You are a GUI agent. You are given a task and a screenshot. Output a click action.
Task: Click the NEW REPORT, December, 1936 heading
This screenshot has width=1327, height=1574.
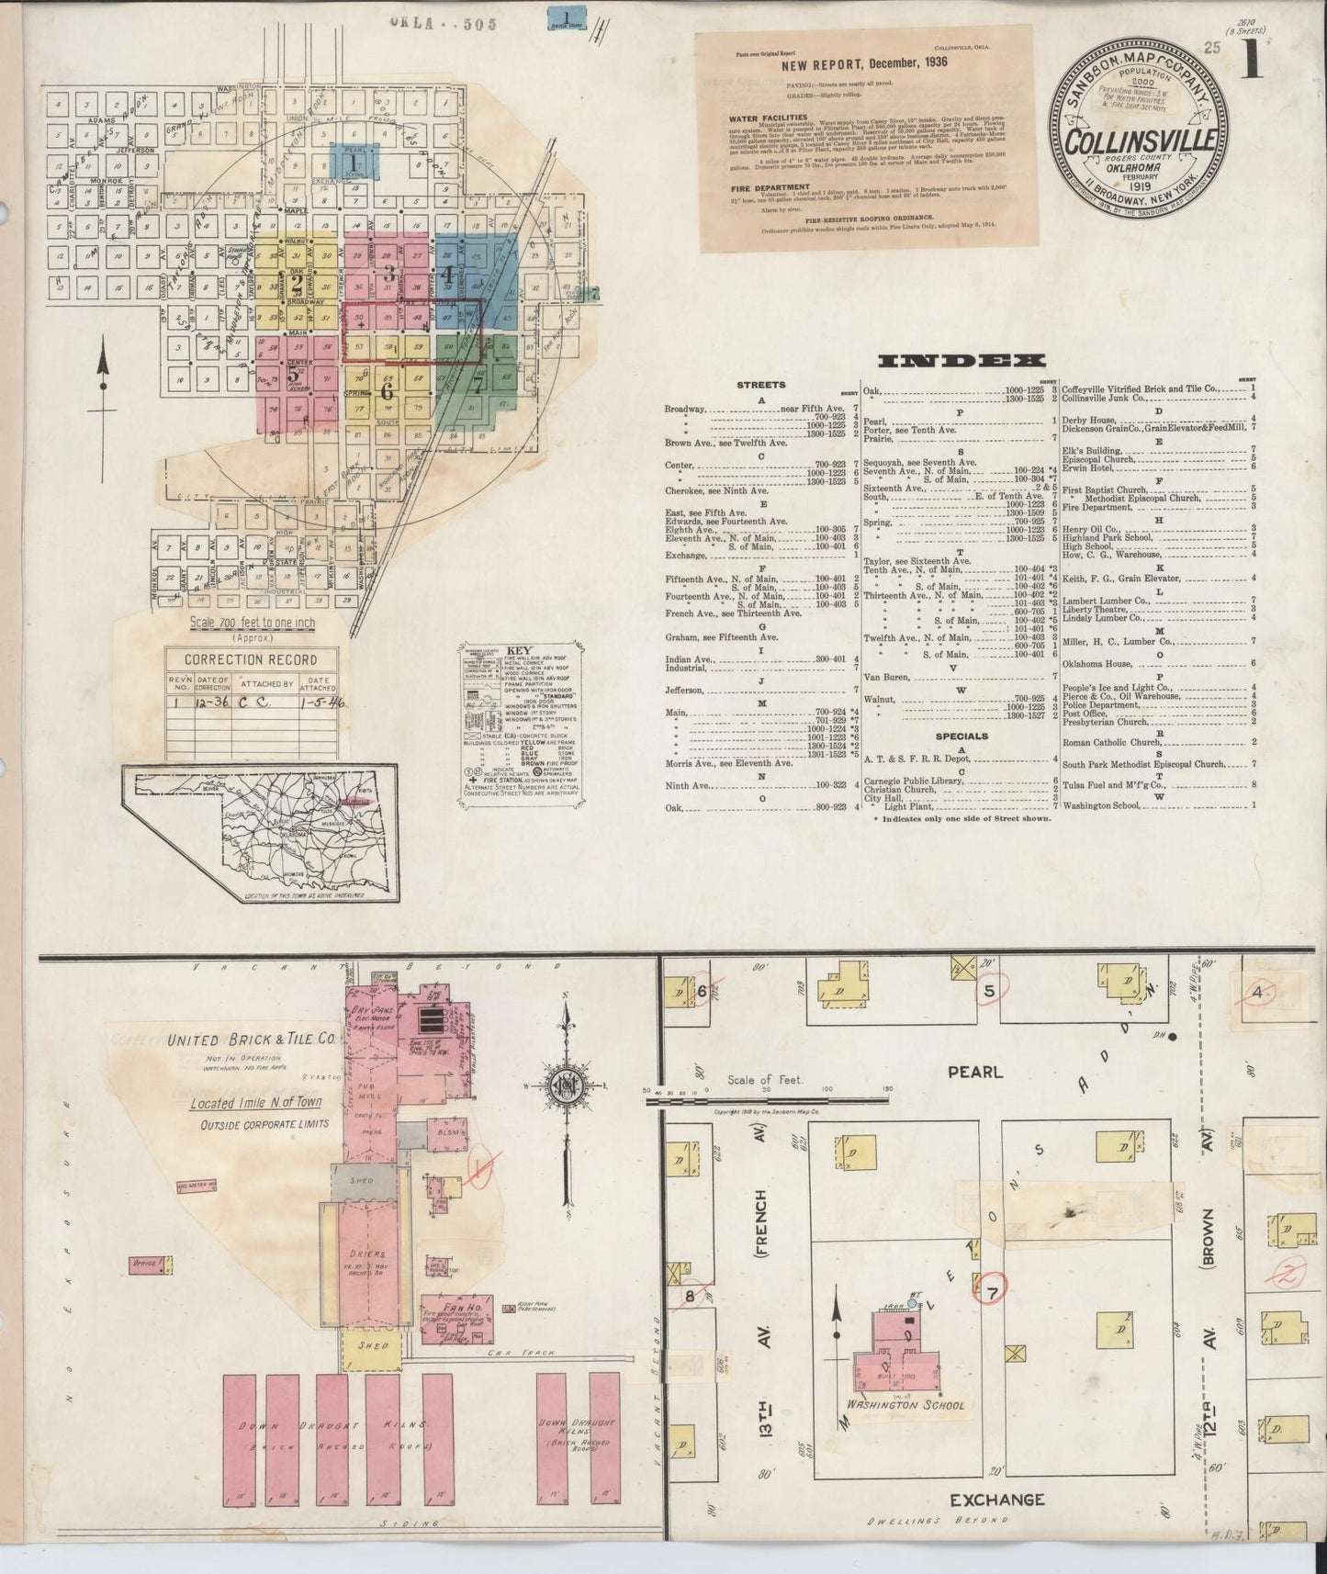(x=864, y=64)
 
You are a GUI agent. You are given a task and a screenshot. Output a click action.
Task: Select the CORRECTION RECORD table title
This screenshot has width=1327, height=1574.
(x=251, y=659)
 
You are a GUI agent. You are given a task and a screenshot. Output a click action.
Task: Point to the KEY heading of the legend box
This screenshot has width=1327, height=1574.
(x=519, y=650)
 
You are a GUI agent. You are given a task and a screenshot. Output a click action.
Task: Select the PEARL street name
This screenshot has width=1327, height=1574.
(x=975, y=1072)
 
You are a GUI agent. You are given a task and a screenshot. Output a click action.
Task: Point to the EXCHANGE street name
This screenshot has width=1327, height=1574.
(x=997, y=1500)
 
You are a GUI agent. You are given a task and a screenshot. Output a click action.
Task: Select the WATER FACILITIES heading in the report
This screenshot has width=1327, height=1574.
(x=768, y=118)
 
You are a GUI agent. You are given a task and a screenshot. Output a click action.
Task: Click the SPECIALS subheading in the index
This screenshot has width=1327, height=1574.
(x=961, y=736)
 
